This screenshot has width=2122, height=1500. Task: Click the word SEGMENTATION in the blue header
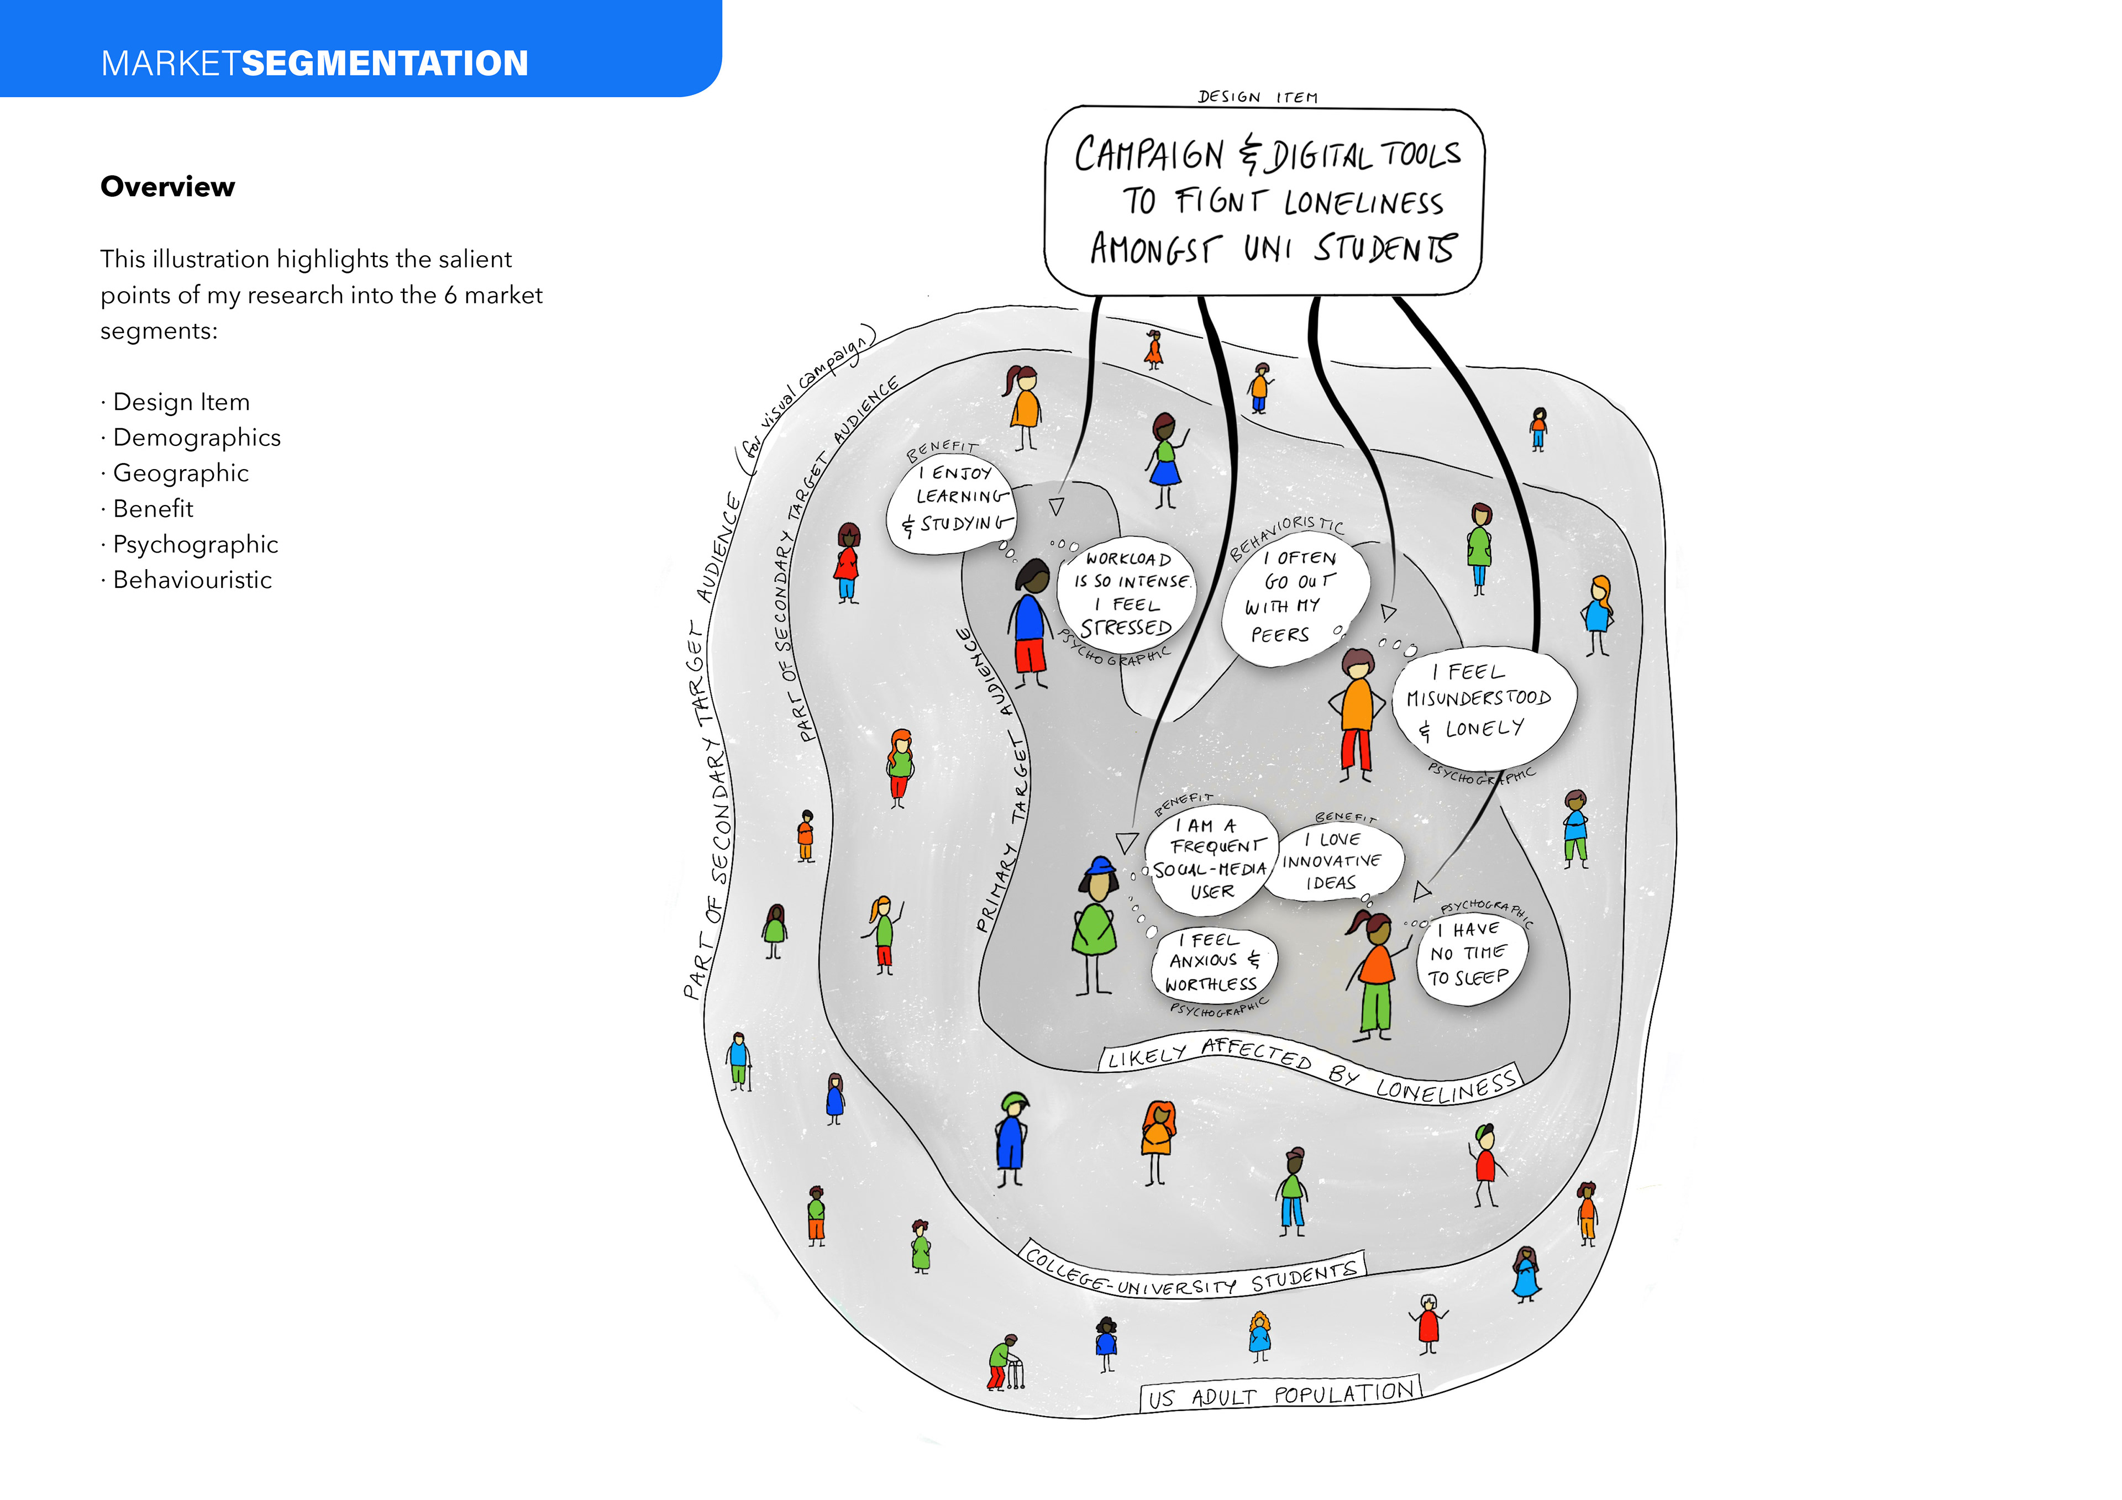pyautogui.click(x=385, y=63)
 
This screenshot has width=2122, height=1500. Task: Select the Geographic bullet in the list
pyautogui.click(x=175, y=472)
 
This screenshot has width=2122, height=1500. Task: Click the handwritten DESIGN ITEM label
pyautogui.click(x=1258, y=96)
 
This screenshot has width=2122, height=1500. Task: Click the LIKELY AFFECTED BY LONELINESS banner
pyautogui.click(x=1311, y=1070)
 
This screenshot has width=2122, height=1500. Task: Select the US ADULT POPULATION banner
pyautogui.click(x=1280, y=1394)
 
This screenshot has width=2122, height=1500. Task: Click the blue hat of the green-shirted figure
pyautogui.click(x=1100, y=867)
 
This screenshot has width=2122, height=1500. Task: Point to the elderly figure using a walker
pyautogui.click(x=1006, y=1362)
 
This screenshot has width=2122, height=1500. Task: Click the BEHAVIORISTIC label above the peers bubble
pyautogui.click(x=1286, y=537)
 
